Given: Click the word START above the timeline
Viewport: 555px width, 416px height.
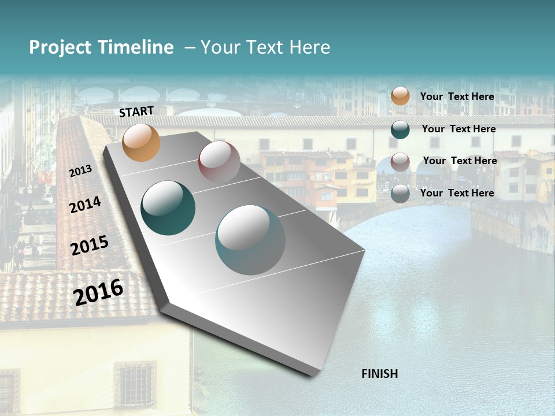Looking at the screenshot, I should pos(136,112).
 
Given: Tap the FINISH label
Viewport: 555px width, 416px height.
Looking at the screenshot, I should pos(380,374).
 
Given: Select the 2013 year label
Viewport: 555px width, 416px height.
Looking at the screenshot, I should pos(81,171).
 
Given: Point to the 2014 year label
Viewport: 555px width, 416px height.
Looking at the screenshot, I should pos(86,205).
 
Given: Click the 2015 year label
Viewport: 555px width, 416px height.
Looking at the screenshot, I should pos(90,246).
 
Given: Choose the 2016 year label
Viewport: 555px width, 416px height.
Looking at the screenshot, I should pos(99,292).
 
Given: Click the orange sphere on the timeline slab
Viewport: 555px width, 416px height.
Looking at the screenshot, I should pos(142,143).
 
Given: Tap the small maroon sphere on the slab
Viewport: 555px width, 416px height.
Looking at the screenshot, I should pos(219,161).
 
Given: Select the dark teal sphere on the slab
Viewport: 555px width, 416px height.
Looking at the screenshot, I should pos(168,208).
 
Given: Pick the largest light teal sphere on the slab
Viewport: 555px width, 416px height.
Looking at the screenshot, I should pos(250,239).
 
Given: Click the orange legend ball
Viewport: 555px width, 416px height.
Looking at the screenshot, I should pos(400,96).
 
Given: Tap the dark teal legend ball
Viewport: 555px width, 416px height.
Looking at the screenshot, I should pos(400,129).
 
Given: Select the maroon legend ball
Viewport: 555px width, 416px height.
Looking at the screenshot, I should pos(400,162).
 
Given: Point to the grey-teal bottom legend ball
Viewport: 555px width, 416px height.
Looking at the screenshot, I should pos(400,194).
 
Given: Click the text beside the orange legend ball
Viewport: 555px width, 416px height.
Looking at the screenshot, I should pos(457,96).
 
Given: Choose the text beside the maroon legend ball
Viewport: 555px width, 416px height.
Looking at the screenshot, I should pos(460,161).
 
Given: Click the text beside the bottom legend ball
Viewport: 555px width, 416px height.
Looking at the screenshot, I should pos(457,193).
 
